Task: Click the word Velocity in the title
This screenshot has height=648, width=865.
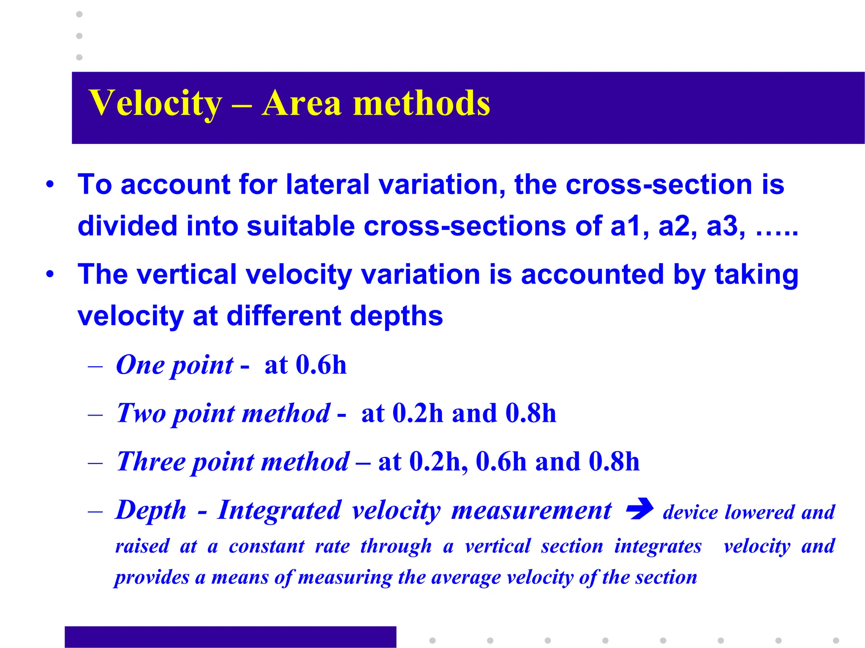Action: pyautogui.click(x=155, y=103)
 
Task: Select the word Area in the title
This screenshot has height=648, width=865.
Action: pyautogui.click(x=301, y=103)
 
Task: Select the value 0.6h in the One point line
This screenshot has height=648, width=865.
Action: pyautogui.click(x=321, y=365)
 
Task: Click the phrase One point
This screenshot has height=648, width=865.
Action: pyautogui.click(x=174, y=365)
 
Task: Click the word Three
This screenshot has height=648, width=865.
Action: pyautogui.click(x=151, y=462)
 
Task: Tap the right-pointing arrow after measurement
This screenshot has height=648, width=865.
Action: pyautogui.click(x=639, y=509)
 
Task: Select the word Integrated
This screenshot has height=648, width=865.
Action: pyautogui.click(x=279, y=510)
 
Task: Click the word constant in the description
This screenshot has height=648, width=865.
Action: pyautogui.click(x=267, y=546)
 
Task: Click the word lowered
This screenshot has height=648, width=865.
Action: pyautogui.click(x=760, y=513)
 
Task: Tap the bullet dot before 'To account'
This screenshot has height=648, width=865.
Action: pyautogui.click(x=50, y=184)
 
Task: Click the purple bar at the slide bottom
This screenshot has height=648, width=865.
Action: pyautogui.click(x=230, y=637)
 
